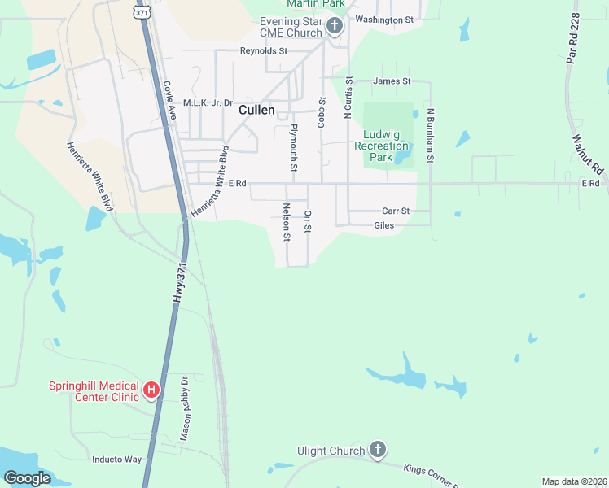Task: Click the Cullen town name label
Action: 256,110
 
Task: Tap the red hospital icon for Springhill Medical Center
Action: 151,391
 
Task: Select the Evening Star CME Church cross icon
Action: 334,27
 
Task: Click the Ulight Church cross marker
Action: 376,450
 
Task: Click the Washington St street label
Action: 385,20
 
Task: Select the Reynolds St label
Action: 264,50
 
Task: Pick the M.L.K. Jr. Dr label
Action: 208,103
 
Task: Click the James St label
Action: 392,81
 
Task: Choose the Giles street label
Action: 384,225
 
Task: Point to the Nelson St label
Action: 287,223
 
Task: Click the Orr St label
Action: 308,221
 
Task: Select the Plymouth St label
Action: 294,147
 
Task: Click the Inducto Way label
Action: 116,459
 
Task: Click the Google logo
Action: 28,478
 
